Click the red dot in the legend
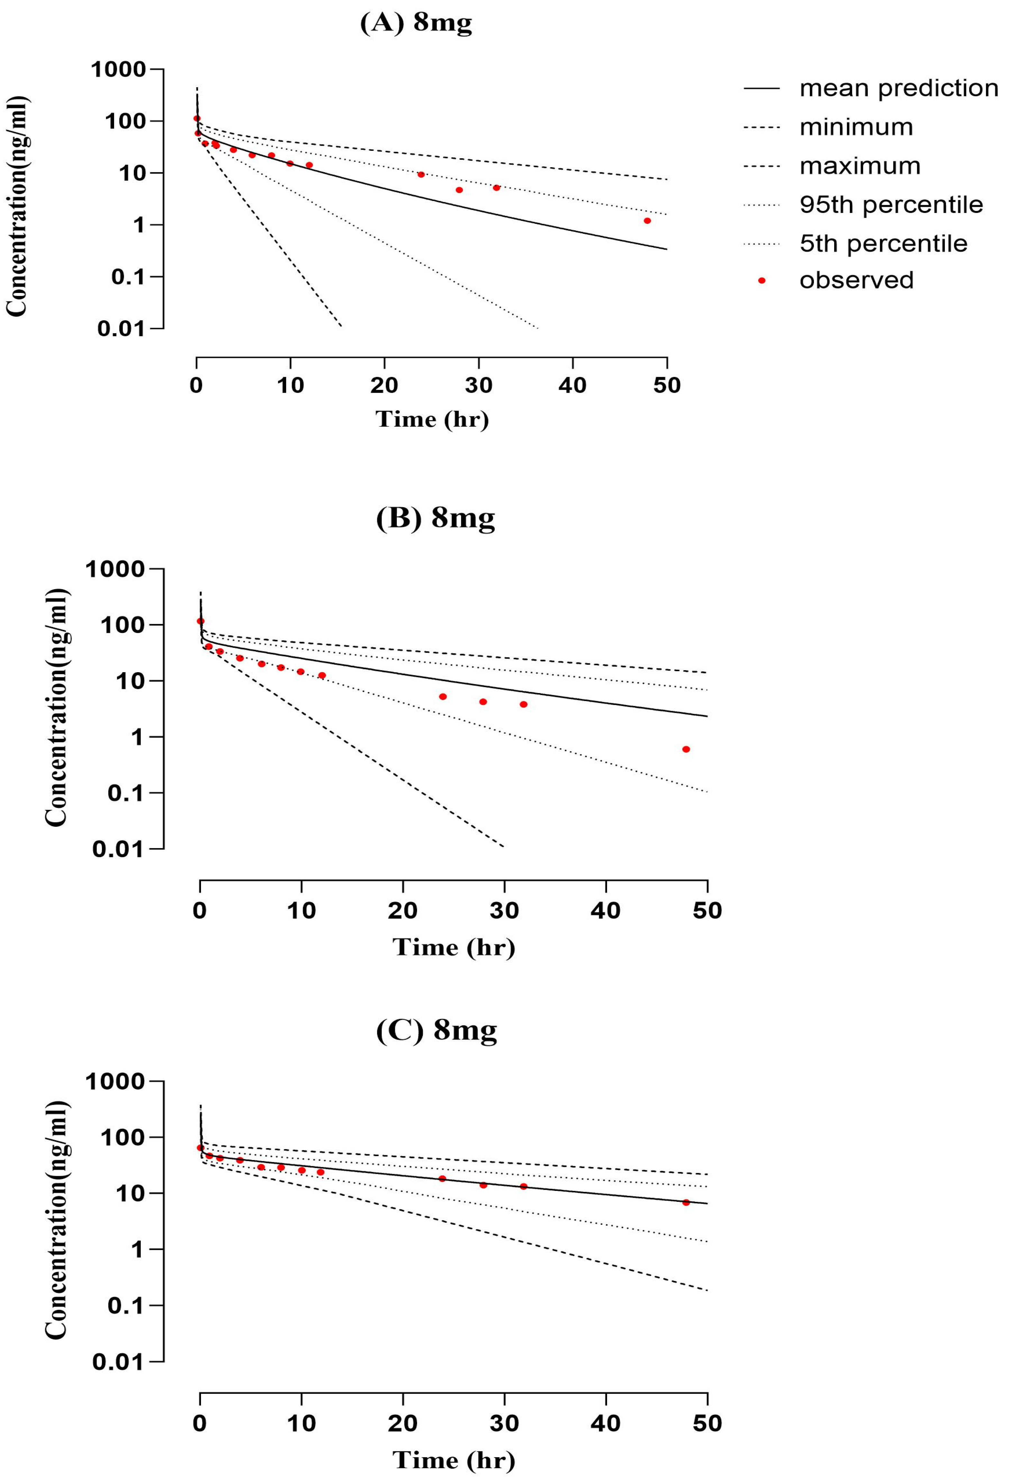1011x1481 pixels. point(761,280)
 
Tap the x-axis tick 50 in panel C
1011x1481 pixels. point(707,1423)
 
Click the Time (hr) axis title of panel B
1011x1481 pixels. point(454,947)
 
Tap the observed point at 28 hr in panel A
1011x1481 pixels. point(459,190)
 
